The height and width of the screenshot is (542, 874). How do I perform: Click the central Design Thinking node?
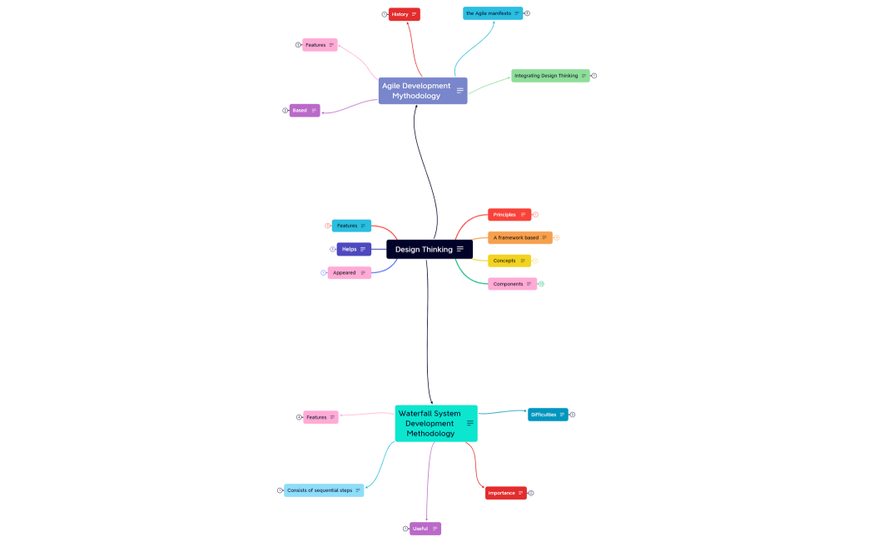tap(425, 249)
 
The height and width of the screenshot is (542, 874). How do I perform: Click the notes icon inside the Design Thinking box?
tap(460, 249)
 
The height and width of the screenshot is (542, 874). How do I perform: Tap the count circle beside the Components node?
tap(541, 284)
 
